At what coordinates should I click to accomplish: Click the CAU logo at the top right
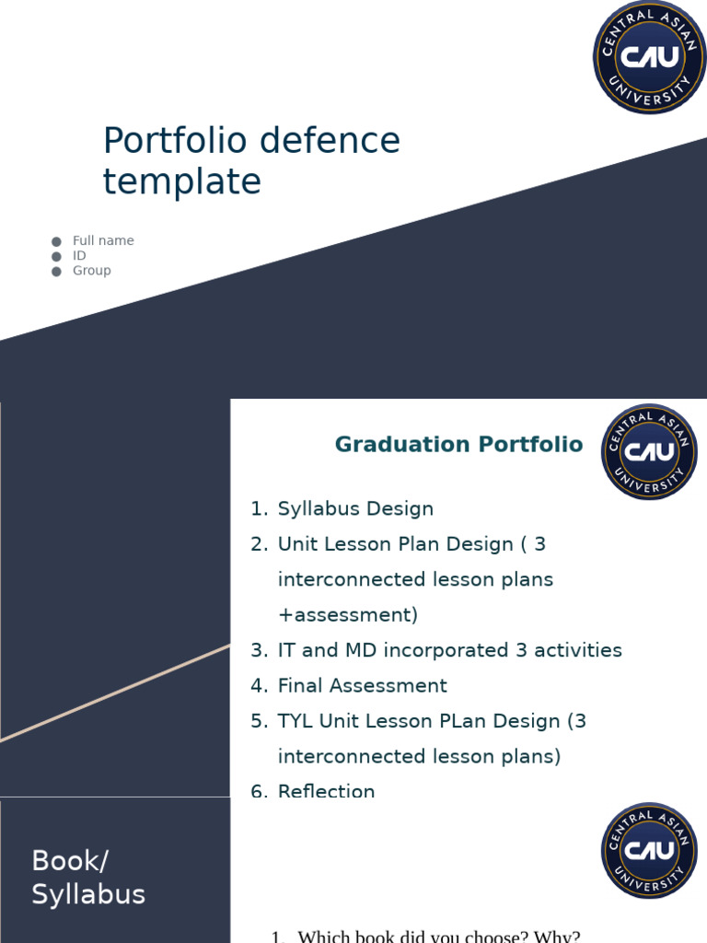[649, 57]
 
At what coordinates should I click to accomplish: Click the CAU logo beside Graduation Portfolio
[649, 451]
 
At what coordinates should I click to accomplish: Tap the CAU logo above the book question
[649, 850]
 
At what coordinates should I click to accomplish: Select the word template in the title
[181, 181]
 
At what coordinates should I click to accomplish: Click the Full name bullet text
[103, 240]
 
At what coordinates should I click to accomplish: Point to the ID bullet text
[79, 255]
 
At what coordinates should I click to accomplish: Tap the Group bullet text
[92, 271]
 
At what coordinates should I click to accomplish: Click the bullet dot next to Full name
[57, 241]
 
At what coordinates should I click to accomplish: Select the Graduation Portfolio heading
[458, 445]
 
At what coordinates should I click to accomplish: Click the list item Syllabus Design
[355, 509]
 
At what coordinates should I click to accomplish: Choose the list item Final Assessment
[362, 686]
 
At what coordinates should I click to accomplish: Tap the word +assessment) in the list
[347, 615]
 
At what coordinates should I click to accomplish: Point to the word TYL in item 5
[296, 721]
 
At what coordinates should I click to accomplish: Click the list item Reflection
[326, 790]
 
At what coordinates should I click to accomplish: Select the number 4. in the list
[259, 686]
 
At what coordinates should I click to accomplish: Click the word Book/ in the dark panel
[70, 861]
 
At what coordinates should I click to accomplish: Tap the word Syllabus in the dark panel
[88, 894]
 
